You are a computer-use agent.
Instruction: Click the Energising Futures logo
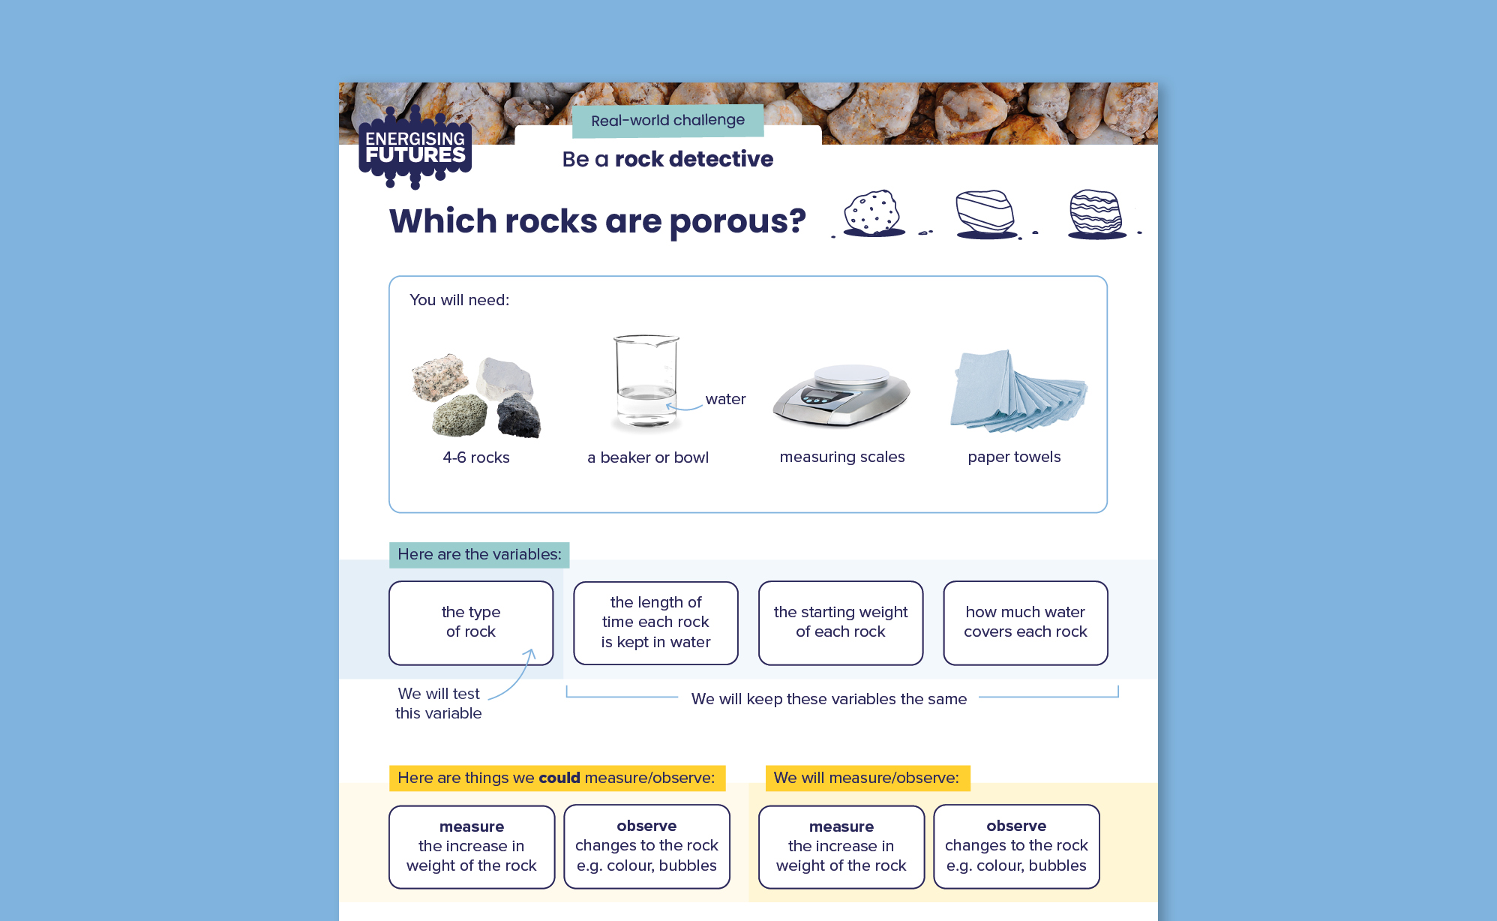point(415,148)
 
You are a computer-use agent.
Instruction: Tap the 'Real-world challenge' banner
point(667,121)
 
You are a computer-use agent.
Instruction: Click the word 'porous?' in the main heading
point(737,222)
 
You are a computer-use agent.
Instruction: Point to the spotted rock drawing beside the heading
point(872,214)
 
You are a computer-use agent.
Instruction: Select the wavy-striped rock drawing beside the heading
point(1096,214)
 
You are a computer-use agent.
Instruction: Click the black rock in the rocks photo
point(518,416)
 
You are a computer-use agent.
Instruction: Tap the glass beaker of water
point(646,382)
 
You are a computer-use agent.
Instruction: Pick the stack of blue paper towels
point(1016,391)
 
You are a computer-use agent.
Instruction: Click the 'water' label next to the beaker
point(725,399)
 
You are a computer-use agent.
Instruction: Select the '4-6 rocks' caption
point(476,457)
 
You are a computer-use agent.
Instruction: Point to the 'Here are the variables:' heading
point(479,555)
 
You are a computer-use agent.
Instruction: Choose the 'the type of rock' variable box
point(471,622)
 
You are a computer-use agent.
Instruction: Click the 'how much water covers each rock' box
point(1025,622)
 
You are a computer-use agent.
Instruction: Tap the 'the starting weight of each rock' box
point(841,622)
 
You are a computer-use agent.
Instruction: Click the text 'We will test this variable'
point(439,703)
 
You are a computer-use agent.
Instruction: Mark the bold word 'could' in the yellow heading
point(559,778)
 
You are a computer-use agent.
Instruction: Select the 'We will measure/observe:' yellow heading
point(866,778)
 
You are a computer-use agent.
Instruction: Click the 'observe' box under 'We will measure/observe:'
point(1016,846)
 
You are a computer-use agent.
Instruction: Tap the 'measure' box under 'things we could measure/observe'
point(472,847)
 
